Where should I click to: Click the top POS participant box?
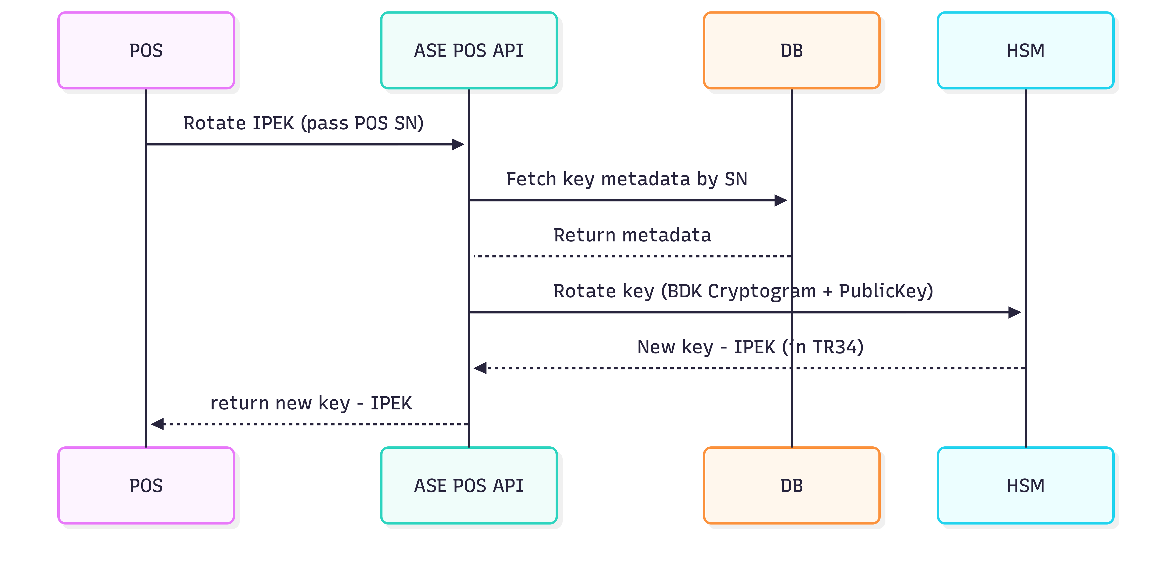146,51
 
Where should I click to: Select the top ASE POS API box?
469,51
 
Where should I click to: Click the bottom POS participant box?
146,485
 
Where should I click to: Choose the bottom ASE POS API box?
469,485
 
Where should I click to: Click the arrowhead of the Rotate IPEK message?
458,145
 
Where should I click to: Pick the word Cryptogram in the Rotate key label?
762,291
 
